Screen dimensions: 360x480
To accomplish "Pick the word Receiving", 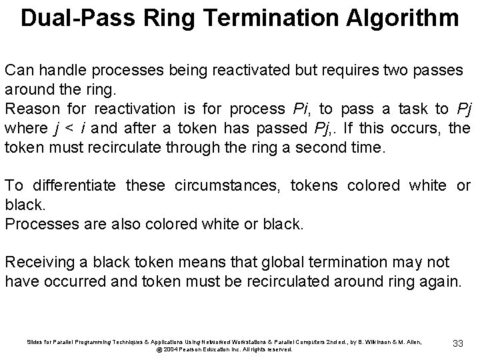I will point(39,262).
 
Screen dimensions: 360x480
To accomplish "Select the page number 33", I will point(457,343).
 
